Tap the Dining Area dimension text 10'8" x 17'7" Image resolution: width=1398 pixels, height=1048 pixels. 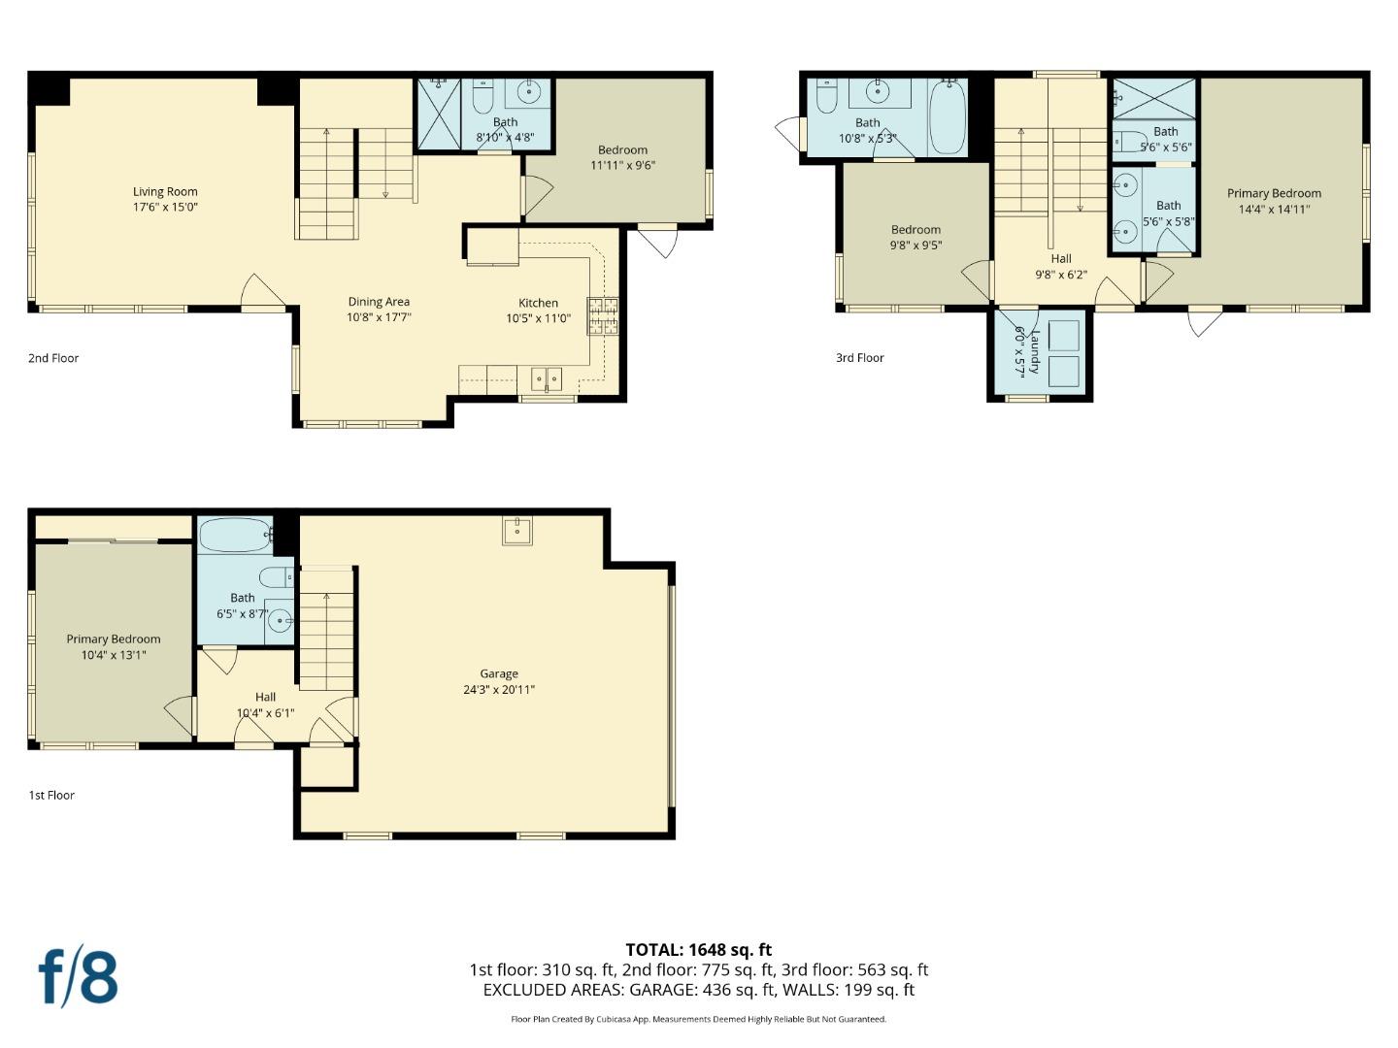(x=379, y=317)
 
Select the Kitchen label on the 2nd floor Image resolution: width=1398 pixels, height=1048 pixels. (x=538, y=303)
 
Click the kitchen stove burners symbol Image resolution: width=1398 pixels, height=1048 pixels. (x=602, y=316)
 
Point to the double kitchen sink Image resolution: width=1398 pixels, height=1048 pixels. (x=547, y=377)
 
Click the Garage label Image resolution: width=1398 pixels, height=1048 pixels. (x=499, y=673)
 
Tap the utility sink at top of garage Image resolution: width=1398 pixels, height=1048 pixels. (x=517, y=531)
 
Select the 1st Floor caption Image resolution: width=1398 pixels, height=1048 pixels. (x=51, y=795)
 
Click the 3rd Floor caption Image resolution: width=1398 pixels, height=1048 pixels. (x=860, y=358)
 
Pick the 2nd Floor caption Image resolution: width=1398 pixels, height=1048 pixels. (x=53, y=358)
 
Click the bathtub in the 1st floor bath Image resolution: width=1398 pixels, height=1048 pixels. (x=235, y=535)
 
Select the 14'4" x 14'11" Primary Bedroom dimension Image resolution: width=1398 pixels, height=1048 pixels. (x=1274, y=209)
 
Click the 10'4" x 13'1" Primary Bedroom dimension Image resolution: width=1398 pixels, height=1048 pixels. (x=114, y=655)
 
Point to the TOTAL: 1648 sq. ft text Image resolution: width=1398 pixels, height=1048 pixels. (x=698, y=950)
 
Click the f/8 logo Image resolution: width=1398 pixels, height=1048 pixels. (x=79, y=977)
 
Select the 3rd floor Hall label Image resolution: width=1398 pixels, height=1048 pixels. (x=1061, y=259)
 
